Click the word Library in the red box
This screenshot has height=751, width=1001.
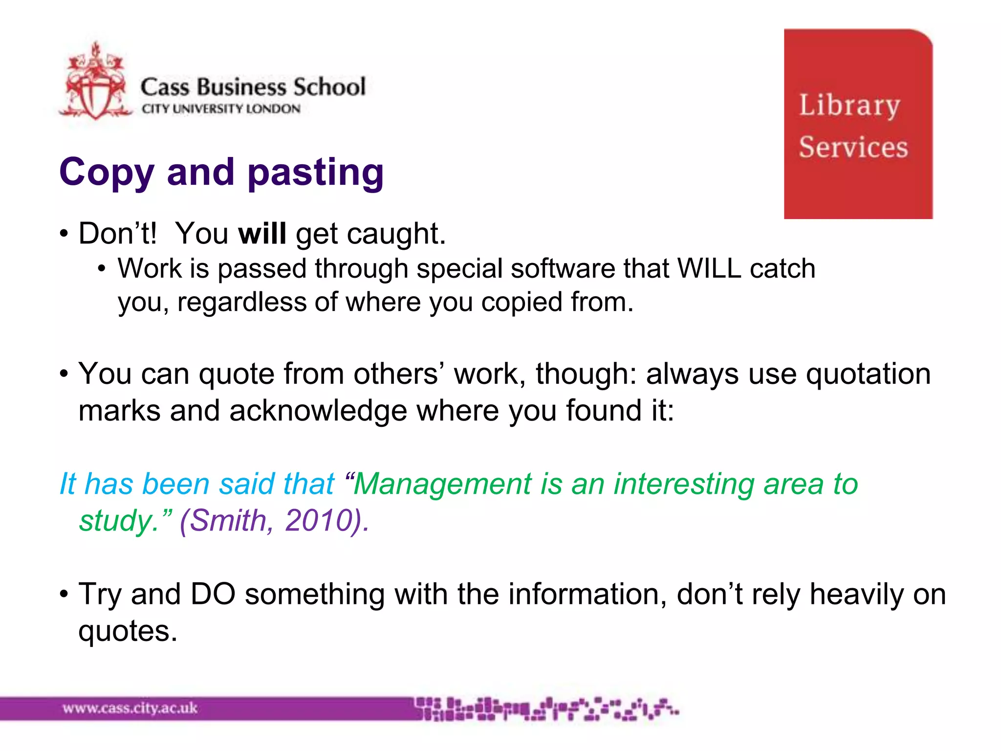(x=849, y=105)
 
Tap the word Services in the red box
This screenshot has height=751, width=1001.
(x=853, y=147)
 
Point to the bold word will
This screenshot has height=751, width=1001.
(x=262, y=234)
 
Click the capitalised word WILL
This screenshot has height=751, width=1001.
(x=709, y=268)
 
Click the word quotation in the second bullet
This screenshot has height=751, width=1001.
(x=868, y=375)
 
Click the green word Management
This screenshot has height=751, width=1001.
(x=442, y=484)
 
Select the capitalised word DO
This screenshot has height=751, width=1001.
(x=213, y=595)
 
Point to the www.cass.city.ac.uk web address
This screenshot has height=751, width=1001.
(x=130, y=708)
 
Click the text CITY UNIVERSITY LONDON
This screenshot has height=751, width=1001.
(x=221, y=109)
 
